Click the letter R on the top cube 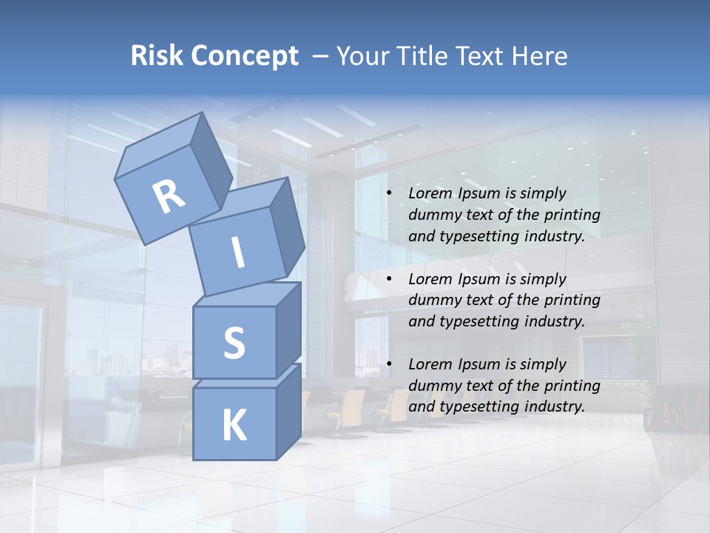click(169, 197)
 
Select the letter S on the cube click(234, 343)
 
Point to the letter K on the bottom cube click(234, 426)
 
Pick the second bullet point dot click(389, 280)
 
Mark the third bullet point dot click(389, 365)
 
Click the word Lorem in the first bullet click(430, 194)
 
